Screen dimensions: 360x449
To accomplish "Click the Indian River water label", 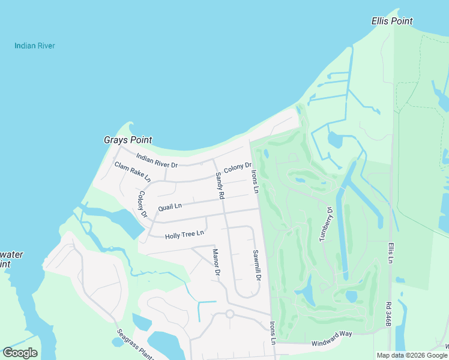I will [x=35, y=46].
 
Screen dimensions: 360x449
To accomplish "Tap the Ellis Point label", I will [x=393, y=21].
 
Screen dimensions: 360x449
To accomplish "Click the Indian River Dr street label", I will [x=157, y=161].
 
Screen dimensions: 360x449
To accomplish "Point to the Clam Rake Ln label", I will [x=133, y=172].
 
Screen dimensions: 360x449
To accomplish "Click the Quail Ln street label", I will [x=169, y=207].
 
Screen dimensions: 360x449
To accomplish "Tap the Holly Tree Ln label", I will [x=184, y=234].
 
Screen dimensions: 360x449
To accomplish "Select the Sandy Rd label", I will [x=220, y=186].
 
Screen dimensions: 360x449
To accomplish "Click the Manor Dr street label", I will [x=217, y=262].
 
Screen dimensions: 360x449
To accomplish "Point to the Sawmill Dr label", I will [x=256, y=265].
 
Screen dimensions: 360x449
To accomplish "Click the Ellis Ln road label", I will [x=390, y=253].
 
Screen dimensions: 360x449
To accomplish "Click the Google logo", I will [x=20, y=353].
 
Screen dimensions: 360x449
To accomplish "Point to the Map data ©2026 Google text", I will [x=412, y=355].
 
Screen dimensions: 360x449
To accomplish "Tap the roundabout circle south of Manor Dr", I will [x=229, y=313].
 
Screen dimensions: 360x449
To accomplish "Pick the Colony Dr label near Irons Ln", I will [x=237, y=170].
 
